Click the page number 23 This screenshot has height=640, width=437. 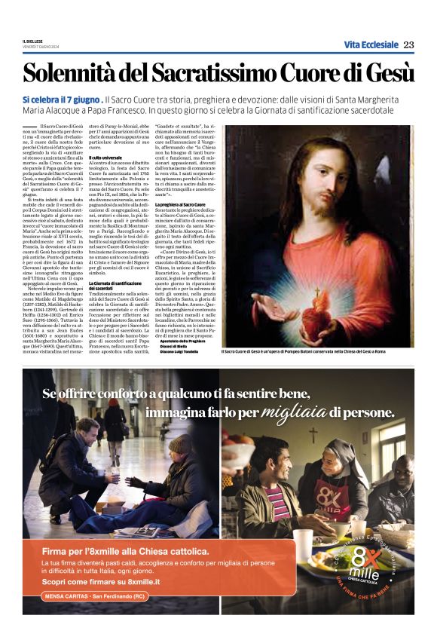pyautogui.click(x=408, y=44)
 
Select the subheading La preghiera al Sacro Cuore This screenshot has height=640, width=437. pyautogui.click(x=181, y=205)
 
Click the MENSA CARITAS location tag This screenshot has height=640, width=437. pyautogui.click(x=94, y=596)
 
